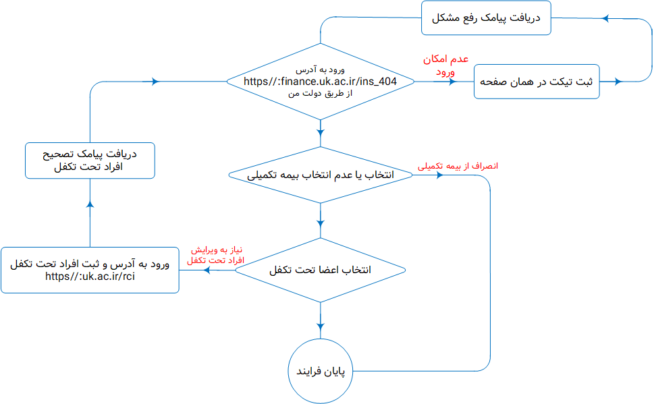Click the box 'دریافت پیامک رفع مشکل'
[486, 18]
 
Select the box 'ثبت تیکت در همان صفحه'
[537, 82]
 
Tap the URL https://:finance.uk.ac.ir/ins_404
[321, 82]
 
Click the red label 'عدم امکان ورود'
[446, 65]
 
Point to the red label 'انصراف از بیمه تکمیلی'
[458, 166]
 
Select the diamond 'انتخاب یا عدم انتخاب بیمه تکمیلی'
[321, 175]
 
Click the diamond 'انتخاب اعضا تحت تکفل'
[321, 270]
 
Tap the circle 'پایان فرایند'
[321, 371]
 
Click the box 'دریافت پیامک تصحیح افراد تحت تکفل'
[90, 161]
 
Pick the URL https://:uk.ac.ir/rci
[90, 277]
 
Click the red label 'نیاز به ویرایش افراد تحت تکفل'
[215, 255]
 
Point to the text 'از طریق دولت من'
[321, 93]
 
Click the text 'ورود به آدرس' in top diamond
[321, 69]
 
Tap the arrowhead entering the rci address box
[207, 270]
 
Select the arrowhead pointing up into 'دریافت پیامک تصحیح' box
[90, 204]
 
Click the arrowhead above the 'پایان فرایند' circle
[321, 326]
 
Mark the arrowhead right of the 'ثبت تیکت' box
[618, 82]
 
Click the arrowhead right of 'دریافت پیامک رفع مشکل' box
[606, 18]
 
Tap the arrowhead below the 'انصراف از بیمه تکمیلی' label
[439, 175]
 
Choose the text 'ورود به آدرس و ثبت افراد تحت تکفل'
[90, 264]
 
